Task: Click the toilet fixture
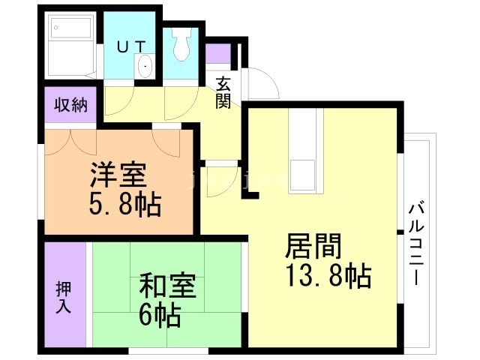point(181,46)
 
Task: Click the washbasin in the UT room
point(145,67)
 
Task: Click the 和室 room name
point(168,288)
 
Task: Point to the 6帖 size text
point(160,316)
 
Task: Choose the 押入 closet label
point(64,296)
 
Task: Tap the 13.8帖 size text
point(328,276)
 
